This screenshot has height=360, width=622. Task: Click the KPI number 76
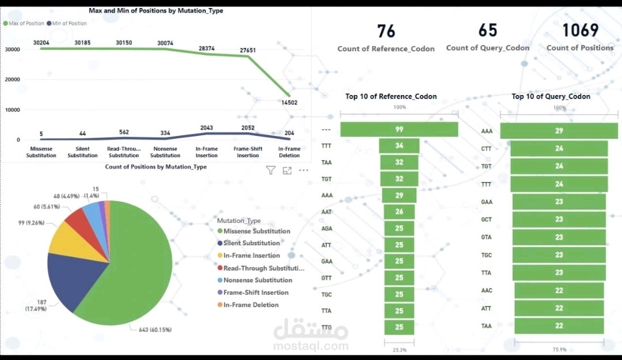tap(386, 31)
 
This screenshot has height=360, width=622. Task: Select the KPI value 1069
tap(580, 30)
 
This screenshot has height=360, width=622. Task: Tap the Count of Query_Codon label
tap(488, 48)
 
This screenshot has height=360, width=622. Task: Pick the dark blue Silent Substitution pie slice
tap(71, 278)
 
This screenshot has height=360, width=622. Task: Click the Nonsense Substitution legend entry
tap(255, 280)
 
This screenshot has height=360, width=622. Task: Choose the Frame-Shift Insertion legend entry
tap(253, 293)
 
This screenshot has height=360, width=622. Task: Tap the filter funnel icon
tap(271, 170)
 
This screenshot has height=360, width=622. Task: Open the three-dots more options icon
tap(304, 170)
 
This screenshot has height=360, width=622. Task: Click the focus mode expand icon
tap(287, 170)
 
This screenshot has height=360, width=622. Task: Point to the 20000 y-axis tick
tap(12, 79)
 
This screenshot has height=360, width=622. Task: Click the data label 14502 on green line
tap(289, 103)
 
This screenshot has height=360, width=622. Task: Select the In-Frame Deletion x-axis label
tap(289, 152)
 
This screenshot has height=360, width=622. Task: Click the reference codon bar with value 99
tap(399, 130)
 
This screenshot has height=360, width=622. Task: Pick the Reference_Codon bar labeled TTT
tap(399, 146)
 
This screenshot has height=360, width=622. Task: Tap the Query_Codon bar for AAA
tap(559, 131)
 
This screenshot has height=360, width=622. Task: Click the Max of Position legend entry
tap(24, 24)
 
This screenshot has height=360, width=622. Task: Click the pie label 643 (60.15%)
tap(155, 330)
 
